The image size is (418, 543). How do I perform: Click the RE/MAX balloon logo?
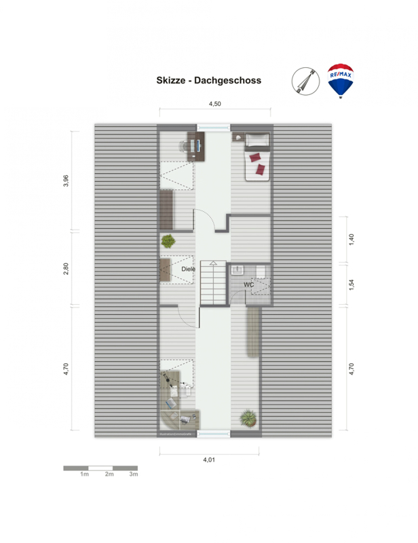[x=340, y=81]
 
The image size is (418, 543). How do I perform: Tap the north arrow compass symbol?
[x=305, y=81]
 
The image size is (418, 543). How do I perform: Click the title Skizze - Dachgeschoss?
[x=209, y=80]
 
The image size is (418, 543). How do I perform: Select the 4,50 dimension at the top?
[x=214, y=104]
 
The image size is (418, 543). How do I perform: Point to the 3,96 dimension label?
[x=66, y=181]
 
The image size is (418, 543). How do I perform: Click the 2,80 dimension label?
[x=66, y=269]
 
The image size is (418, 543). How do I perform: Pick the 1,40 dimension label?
[x=351, y=240]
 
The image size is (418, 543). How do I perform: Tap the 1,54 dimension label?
[x=351, y=284]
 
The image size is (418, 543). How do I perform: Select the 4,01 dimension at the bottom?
[x=209, y=460]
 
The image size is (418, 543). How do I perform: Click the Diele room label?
[x=189, y=269]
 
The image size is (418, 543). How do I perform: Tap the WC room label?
[x=248, y=284]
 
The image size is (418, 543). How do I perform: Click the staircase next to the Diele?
[x=213, y=282]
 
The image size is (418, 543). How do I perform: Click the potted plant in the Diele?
[x=168, y=241]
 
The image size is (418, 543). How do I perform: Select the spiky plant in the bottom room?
[x=248, y=417]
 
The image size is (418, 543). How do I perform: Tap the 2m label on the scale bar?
[x=109, y=474]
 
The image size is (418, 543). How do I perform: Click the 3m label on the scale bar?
[x=134, y=474]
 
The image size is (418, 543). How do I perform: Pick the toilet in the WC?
[x=261, y=272]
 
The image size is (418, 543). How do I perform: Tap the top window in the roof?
[x=214, y=128]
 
